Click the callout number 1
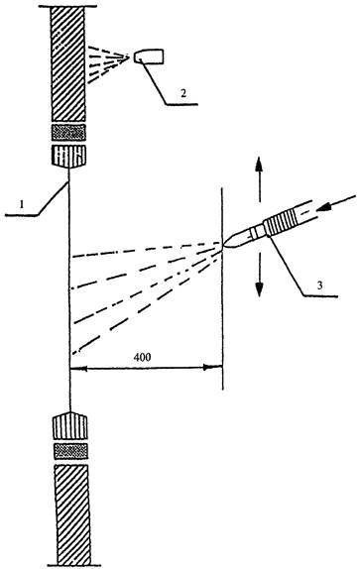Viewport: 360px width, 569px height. click(22, 204)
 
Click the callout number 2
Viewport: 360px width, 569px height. click(183, 93)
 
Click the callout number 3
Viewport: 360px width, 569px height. click(319, 285)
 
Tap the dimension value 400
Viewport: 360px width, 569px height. click(142, 358)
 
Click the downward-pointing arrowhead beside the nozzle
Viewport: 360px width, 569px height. click(259, 289)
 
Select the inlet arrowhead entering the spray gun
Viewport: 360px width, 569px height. click(324, 207)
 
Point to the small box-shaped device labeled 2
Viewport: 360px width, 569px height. click(149, 57)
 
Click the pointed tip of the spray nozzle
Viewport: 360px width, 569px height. click(222, 246)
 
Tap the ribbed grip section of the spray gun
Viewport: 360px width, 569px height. click(282, 222)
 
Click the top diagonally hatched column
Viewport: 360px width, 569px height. click(67, 63)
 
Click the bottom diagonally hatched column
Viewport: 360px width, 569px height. click(72, 514)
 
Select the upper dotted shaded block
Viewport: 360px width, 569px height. click(68, 133)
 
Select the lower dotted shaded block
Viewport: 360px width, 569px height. click(71, 451)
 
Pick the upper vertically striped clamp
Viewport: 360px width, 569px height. click(68, 156)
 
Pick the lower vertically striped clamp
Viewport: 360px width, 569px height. click(70, 425)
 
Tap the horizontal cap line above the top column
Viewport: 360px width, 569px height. click(67, 6)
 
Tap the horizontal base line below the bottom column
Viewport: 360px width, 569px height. click(74, 565)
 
